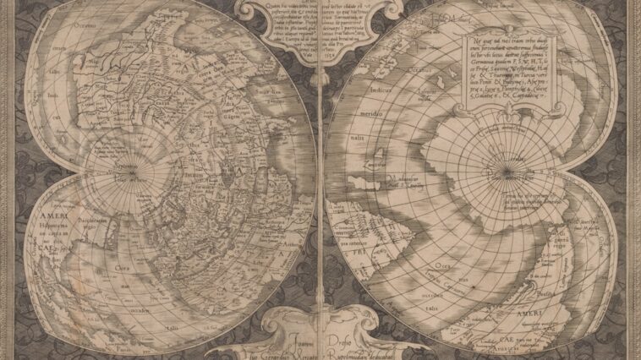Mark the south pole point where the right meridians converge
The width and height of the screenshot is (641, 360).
pos(506,175)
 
